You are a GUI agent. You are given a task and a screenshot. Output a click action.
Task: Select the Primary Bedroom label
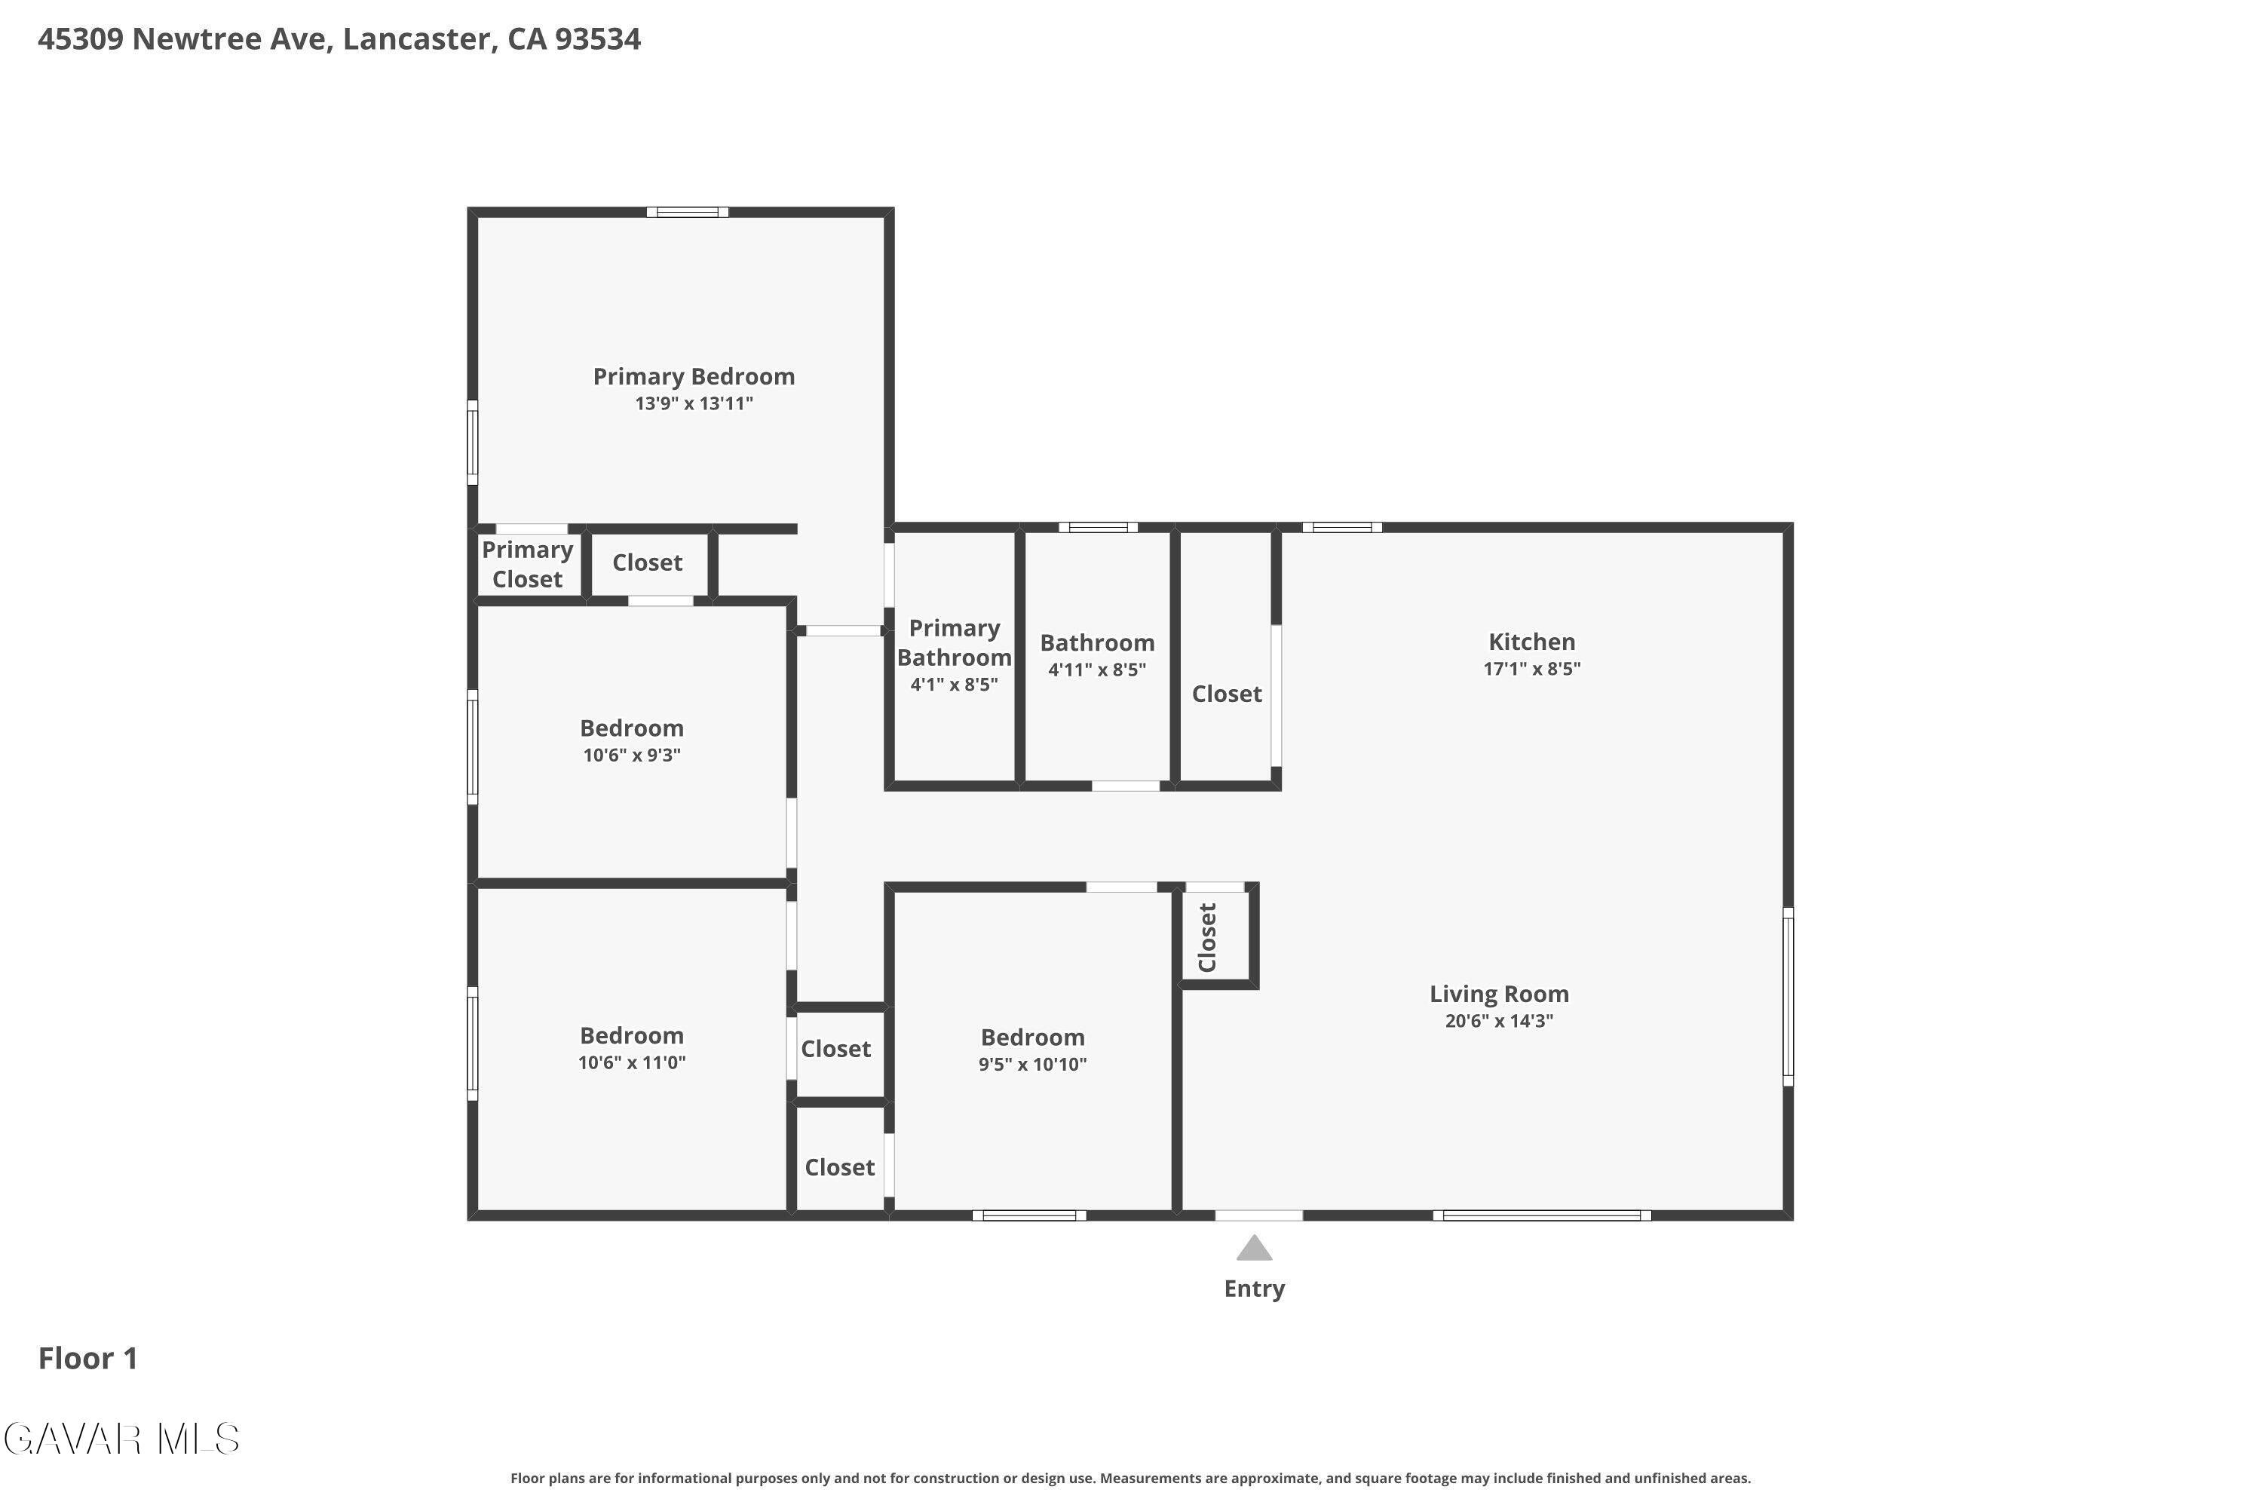[694, 376]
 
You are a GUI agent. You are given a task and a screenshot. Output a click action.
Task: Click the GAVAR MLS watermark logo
[121, 1439]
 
